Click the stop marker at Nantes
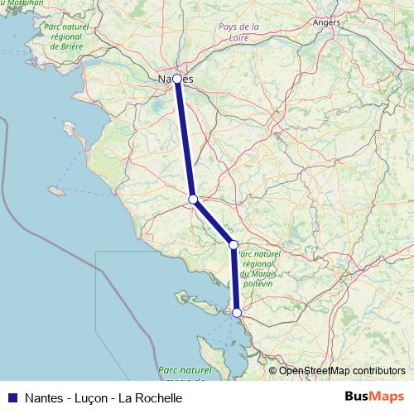tap(176, 79)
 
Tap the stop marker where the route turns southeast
tap(193, 199)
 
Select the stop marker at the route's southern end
tap(237, 313)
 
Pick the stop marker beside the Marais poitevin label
tap(233, 244)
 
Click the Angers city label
tap(327, 22)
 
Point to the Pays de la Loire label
tap(238, 32)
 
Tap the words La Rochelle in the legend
tap(150, 397)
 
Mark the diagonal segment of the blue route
tap(214, 222)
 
